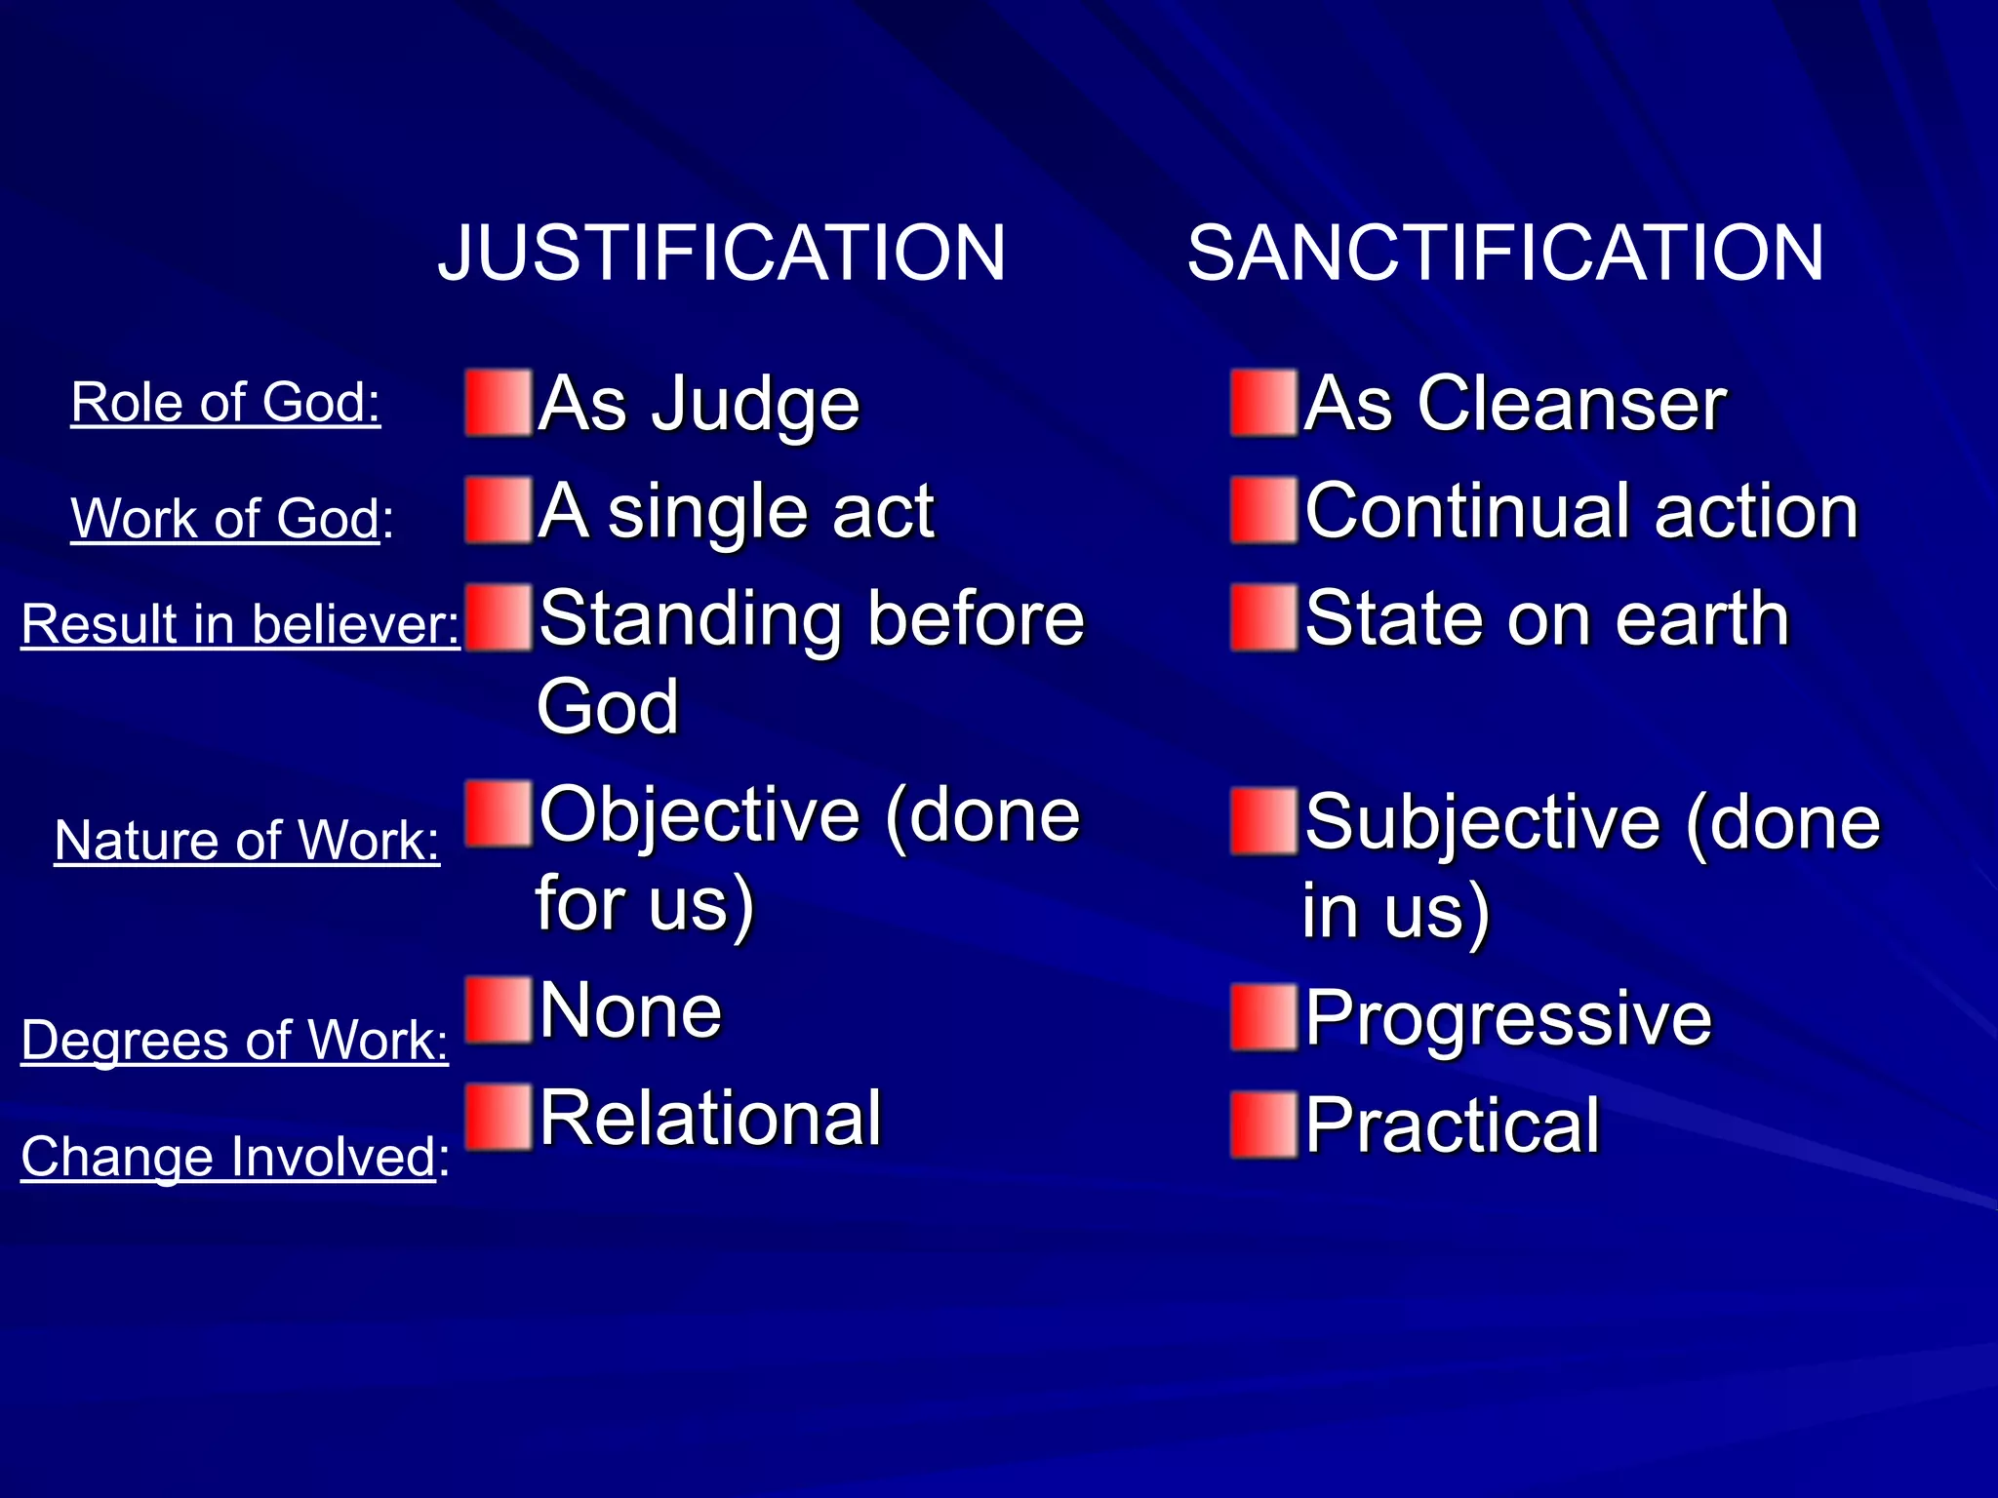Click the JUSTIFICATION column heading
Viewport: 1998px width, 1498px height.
(x=721, y=253)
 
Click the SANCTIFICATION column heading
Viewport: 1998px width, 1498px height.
(x=1505, y=253)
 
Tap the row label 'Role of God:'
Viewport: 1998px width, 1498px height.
(x=225, y=402)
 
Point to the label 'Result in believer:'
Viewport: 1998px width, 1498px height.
(x=240, y=623)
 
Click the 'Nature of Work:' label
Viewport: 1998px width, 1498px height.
(x=247, y=840)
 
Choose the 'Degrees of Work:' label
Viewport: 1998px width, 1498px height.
(x=234, y=1040)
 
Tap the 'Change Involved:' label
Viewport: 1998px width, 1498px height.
(x=235, y=1157)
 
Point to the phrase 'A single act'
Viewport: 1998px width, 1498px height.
(x=737, y=511)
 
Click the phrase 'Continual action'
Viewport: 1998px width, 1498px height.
(x=1580, y=511)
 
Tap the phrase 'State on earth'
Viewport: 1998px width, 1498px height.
(x=1546, y=618)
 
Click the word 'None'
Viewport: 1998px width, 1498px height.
(x=630, y=1010)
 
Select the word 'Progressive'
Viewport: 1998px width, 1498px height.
(x=1507, y=1018)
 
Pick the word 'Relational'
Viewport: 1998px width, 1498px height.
(x=710, y=1118)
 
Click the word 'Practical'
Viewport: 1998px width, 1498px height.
(x=1452, y=1125)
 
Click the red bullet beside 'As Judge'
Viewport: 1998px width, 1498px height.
(x=499, y=402)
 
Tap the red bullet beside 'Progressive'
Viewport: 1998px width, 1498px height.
(x=1264, y=1018)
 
